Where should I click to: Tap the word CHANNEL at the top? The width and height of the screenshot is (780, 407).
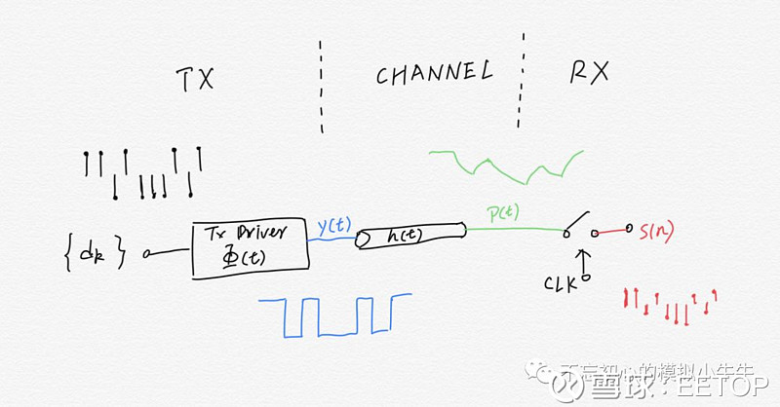click(x=432, y=73)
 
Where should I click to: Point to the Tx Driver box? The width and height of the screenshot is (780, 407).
click(x=250, y=249)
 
